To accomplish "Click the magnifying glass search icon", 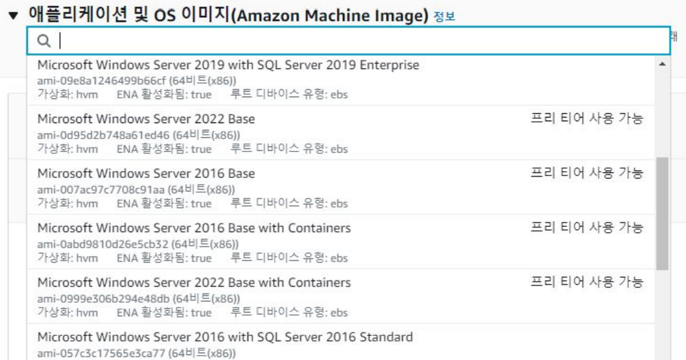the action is [43, 41].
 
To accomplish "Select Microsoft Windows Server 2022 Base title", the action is [146, 119].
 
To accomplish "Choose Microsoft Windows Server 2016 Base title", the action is [146, 174].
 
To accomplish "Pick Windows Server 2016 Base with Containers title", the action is [194, 228].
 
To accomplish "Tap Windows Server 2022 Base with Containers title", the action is [194, 283].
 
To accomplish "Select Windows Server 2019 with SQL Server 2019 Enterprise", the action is [228, 65].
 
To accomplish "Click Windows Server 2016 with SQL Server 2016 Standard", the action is [225, 337].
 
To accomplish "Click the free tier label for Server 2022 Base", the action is [587, 118].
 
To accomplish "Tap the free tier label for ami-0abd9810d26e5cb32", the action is [587, 228].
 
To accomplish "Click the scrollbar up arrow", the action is [662, 64].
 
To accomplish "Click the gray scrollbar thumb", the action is [662, 214].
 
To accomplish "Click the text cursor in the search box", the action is [60, 41].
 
